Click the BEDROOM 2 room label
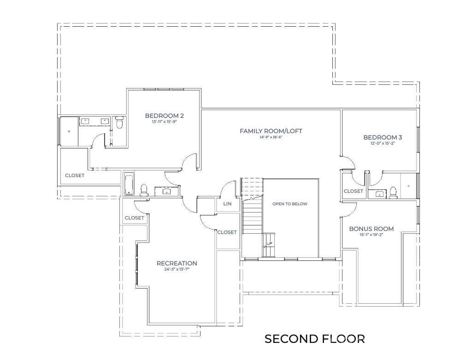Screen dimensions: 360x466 pos(165,115)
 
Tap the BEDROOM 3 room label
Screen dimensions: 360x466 pos(383,137)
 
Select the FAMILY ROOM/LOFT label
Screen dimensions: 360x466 pos(271,131)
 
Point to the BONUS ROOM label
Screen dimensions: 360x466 pos(371,229)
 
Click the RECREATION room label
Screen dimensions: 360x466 pos(177,263)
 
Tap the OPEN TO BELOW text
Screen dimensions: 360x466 pos(289,204)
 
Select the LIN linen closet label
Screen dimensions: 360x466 pos(227,204)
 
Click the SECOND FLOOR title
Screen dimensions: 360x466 pos(314,339)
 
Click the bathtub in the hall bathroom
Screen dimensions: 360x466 pos(129,184)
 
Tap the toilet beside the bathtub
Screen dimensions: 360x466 pos(143,189)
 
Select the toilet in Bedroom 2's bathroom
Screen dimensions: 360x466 pos(119,123)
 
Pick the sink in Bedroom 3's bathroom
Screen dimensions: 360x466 pos(379,194)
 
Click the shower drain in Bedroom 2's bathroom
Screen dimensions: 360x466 pos(69,131)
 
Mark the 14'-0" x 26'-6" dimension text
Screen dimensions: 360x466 pos(271,137)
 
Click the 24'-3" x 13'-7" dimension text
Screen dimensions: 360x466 pos(177,269)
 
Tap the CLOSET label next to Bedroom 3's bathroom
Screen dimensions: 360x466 pos(354,191)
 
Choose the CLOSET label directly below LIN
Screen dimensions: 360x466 pos(227,232)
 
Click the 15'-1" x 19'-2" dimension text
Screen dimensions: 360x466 pos(371,235)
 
